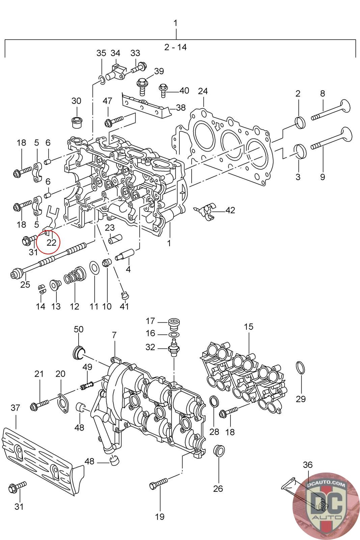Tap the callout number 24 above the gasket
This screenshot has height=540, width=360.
point(203,91)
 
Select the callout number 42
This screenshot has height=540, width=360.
point(230,210)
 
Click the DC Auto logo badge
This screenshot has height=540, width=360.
point(326,506)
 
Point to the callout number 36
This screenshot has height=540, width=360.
point(308,465)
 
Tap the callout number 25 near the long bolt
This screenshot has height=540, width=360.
point(25,285)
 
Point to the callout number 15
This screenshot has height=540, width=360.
point(249,327)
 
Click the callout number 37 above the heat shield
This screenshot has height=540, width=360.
point(16,408)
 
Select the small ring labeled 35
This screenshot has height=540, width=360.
point(102,80)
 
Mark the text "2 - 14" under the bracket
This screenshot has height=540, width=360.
point(175,47)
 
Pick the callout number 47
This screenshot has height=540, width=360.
point(108,101)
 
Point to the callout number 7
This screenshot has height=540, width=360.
point(114,335)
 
